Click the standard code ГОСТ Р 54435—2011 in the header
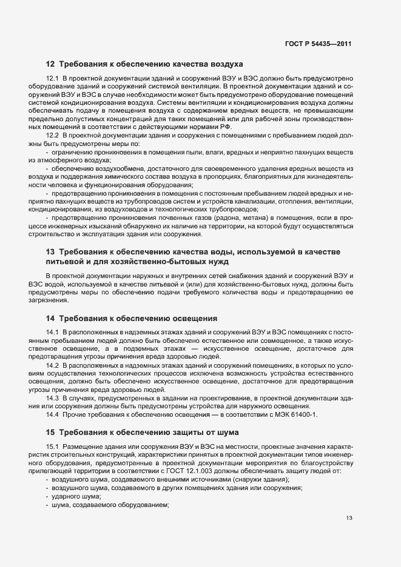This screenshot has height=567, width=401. (318, 44)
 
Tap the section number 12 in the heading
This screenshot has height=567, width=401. (50, 64)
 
